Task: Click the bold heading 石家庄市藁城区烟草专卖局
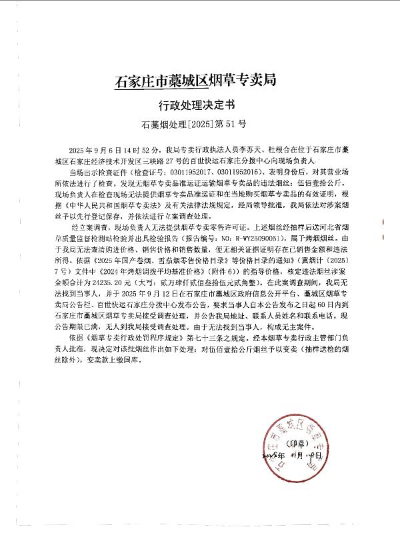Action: [x=195, y=82]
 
